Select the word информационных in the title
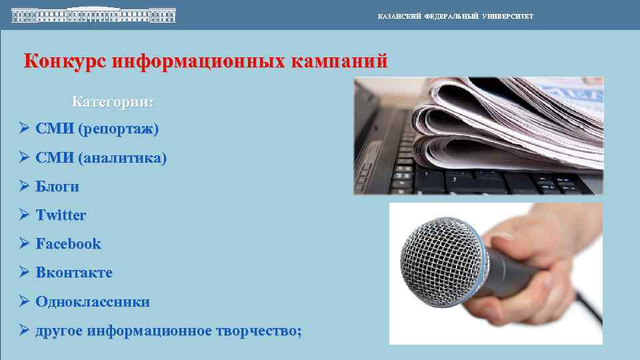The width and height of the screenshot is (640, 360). [199, 61]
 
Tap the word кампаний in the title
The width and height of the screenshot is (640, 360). [340, 61]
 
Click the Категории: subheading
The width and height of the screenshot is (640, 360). [113, 103]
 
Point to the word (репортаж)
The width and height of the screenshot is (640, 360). [119, 129]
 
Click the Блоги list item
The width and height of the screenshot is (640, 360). [57, 187]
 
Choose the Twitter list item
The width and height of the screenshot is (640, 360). [61, 215]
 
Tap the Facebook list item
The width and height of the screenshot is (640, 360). [68, 244]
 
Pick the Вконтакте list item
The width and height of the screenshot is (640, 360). [74, 273]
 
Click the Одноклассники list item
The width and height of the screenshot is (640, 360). [93, 301]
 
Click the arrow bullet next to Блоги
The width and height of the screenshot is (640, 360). [24, 187]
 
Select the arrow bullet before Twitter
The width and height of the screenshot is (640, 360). [24, 215]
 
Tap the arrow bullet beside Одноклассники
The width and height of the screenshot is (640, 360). [24, 301]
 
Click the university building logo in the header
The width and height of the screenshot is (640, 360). [93, 15]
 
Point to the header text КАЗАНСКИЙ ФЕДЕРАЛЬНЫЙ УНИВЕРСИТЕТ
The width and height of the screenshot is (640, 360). [455, 16]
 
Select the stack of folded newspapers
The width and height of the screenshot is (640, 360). [507, 123]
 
